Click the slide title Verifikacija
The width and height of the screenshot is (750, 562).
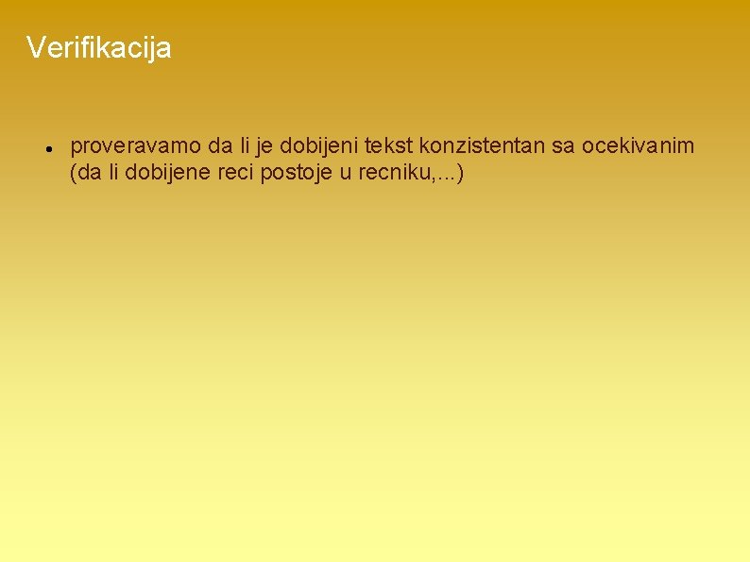pyautogui.click(x=99, y=47)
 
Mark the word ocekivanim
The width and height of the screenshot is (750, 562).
pyautogui.click(x=638, y=146)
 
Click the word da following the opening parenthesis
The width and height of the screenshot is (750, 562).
pyautogui.click(x=91, y=174)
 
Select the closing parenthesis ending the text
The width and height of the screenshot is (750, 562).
pyautogui.click(x=460, y=174)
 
